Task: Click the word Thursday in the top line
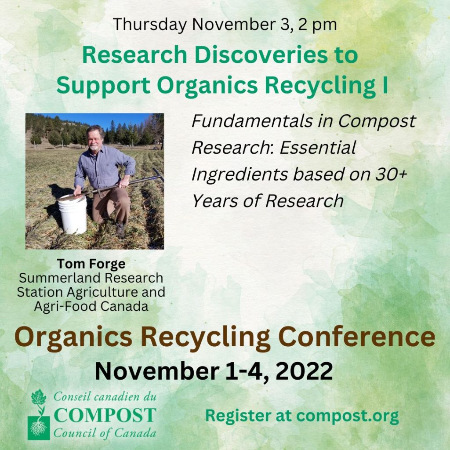(x=150, y=25)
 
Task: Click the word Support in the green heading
(x=103, y=86)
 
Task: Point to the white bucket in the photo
(x=73, y=214)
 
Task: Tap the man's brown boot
(x=120, y=230)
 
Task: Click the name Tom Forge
(x=91, y=264)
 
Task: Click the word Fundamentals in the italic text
(x=252, y=121)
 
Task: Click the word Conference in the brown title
(x=356, y=337)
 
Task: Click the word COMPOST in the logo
(x=105, y=415)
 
